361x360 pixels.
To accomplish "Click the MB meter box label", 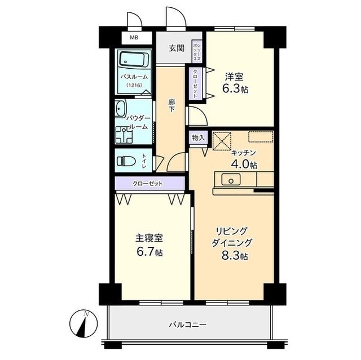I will point(134,38).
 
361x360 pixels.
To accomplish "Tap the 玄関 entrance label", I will point(176,48).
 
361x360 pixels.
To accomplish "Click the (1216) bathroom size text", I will point(134,85).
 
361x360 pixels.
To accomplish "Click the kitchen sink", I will point(230,181).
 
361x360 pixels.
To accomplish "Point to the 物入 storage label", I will point(198,137).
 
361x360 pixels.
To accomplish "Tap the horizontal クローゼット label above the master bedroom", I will point(148,184).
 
